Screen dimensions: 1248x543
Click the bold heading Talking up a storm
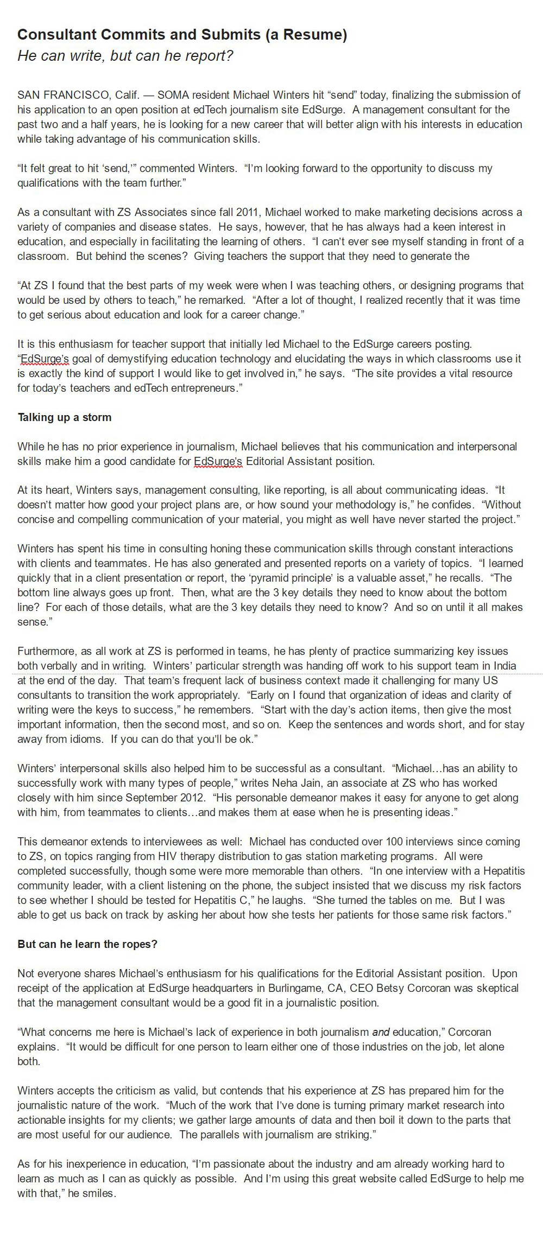[65, 417]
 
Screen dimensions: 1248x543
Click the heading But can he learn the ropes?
[87, 944]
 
